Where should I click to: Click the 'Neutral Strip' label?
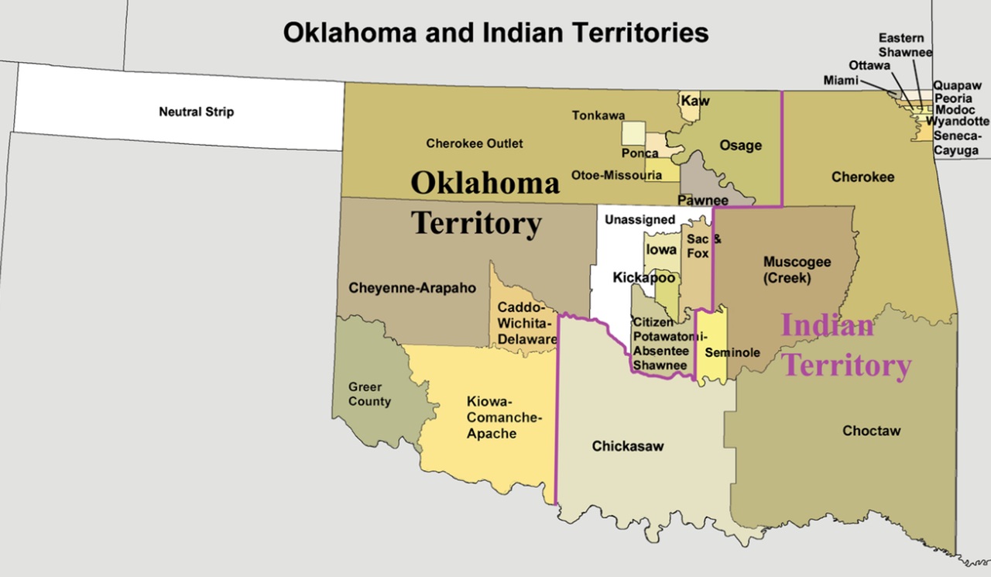(x=196, y=112)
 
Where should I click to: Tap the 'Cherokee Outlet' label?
(x=474, y=143)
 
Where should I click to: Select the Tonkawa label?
(x=598, y=115)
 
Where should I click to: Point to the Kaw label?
(x=695, y=101)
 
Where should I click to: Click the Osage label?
(x=740, y=146)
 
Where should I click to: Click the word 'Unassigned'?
(x=640, y=219)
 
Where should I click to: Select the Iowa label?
(x=661, y=250)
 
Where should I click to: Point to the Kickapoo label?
(x=644, y=276)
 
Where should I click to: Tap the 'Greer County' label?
(x=369, y=394)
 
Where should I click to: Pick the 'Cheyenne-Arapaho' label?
(x=412, y=288)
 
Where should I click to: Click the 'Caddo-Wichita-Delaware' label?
(x=526, y=323)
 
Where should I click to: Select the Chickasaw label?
(x=628, y=446)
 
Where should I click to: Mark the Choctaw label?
(x=872, y=431)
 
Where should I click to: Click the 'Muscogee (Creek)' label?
(x=797, y=270)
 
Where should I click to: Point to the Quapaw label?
(x=953, y=86)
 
